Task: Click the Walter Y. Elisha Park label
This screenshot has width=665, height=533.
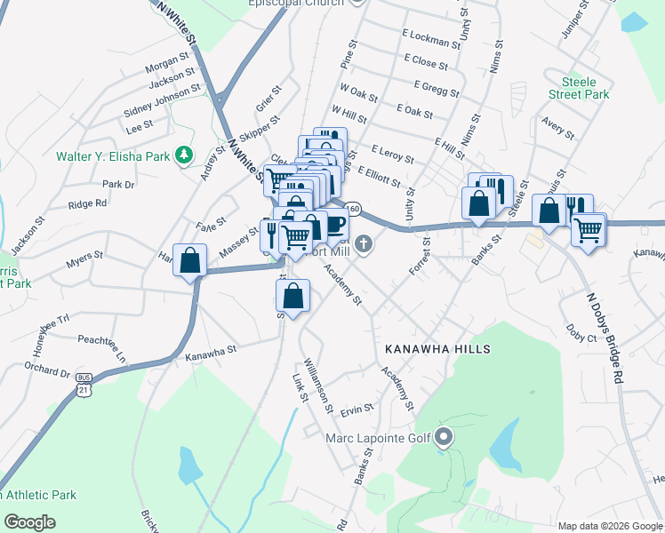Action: tap(113, 156)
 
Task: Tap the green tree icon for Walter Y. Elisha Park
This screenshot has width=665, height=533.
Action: tap(184, 155)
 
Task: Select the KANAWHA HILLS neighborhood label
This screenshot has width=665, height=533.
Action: tap(437, 349)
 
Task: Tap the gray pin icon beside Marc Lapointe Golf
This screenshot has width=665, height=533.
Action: tap(445, 436)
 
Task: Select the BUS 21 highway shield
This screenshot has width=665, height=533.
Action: tap(84, 388)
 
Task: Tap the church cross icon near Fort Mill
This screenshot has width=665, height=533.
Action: tap(363, 243)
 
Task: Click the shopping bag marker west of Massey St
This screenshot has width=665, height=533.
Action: tap(190, 261)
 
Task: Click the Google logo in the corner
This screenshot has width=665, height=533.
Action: tap(29, 522)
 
